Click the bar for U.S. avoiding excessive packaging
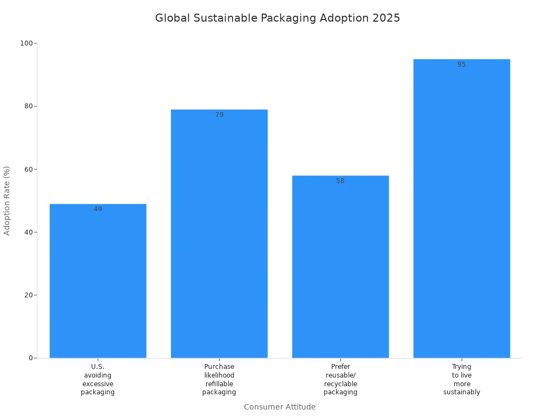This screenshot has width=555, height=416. click(x=98, y=282)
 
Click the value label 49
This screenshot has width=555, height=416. click(x=98, y=209)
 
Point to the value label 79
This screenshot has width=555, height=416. click(x=219, y=115)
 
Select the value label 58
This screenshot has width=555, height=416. click(x=340, y=181)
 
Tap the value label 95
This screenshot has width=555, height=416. click(x=462, y=64)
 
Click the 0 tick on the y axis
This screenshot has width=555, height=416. click(x=31, y=358)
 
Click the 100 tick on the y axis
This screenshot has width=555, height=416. click(x=27, y=43)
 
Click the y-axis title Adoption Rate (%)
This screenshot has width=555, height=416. click(x=7, y=200)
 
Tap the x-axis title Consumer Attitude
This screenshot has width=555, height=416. click(x=280, y=407)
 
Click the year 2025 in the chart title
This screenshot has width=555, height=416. click(x=386, y=18)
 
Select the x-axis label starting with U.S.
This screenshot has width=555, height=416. click(x=98, y=379)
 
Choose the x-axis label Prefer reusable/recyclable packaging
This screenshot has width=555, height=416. click(x=340, y=379)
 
